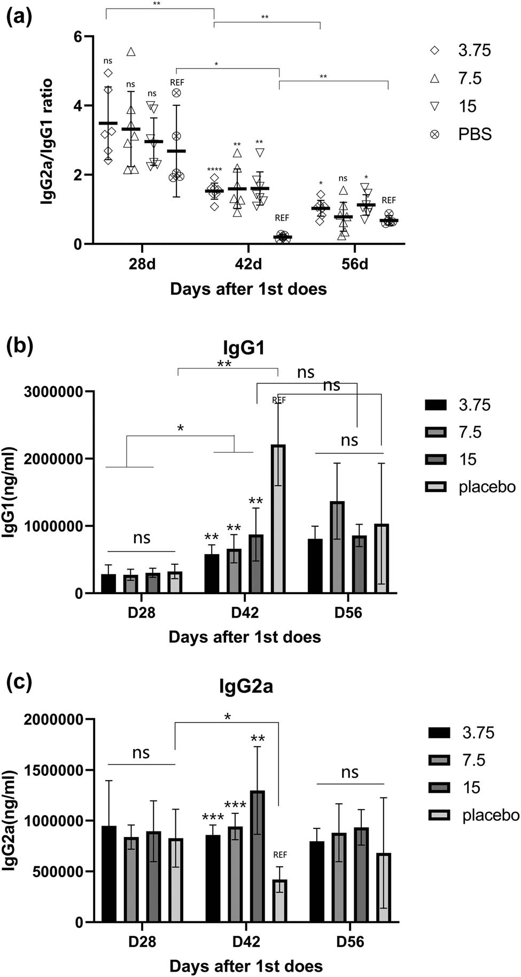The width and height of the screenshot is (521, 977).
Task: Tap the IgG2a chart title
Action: [246, 686]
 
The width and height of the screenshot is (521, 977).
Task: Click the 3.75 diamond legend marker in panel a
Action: [435, 50]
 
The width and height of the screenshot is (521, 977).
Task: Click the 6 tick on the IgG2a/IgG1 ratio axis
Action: [78, 37]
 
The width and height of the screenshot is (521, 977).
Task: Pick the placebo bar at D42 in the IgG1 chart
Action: [278, 519]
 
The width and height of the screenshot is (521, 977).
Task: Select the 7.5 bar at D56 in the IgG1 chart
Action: [337, 547]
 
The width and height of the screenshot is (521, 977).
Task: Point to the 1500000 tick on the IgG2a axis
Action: [53, 770]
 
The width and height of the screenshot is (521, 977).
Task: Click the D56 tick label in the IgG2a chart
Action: [350, 941]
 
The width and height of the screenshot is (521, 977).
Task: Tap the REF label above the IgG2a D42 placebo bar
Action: [280, 855]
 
